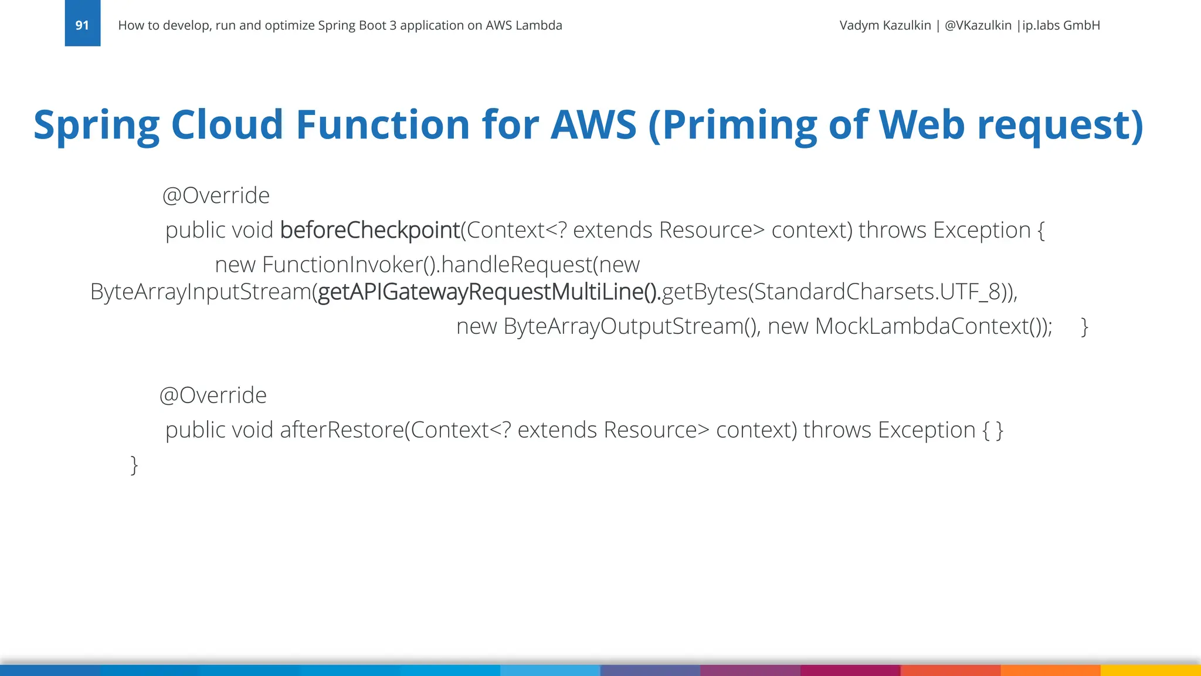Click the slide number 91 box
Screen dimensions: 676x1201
pyautogui.click(x=82, y=24)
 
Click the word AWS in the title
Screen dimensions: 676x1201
pyautogui.click(x=593, y=124)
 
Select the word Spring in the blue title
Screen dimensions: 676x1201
pyautogui.click(x=96, y=124)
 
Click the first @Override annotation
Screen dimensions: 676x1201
pyautogui.click(x=215, y=195)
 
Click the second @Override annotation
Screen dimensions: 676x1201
pyautogui.click(x=213, y=396)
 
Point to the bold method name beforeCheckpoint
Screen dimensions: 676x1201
pyautogui.click(x=369, y=230)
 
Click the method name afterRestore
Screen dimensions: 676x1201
pyautogui.click(x=341, y=430)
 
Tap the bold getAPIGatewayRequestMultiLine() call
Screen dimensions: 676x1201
pyautogui.click(x=488, y=292)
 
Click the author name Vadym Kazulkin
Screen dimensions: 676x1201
pyautogui.click(x=885, y=25)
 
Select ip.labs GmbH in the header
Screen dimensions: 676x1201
pyautogui.click(x=1061, y=25)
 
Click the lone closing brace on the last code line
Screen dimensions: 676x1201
pyautogui.click(x=134, y=465)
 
